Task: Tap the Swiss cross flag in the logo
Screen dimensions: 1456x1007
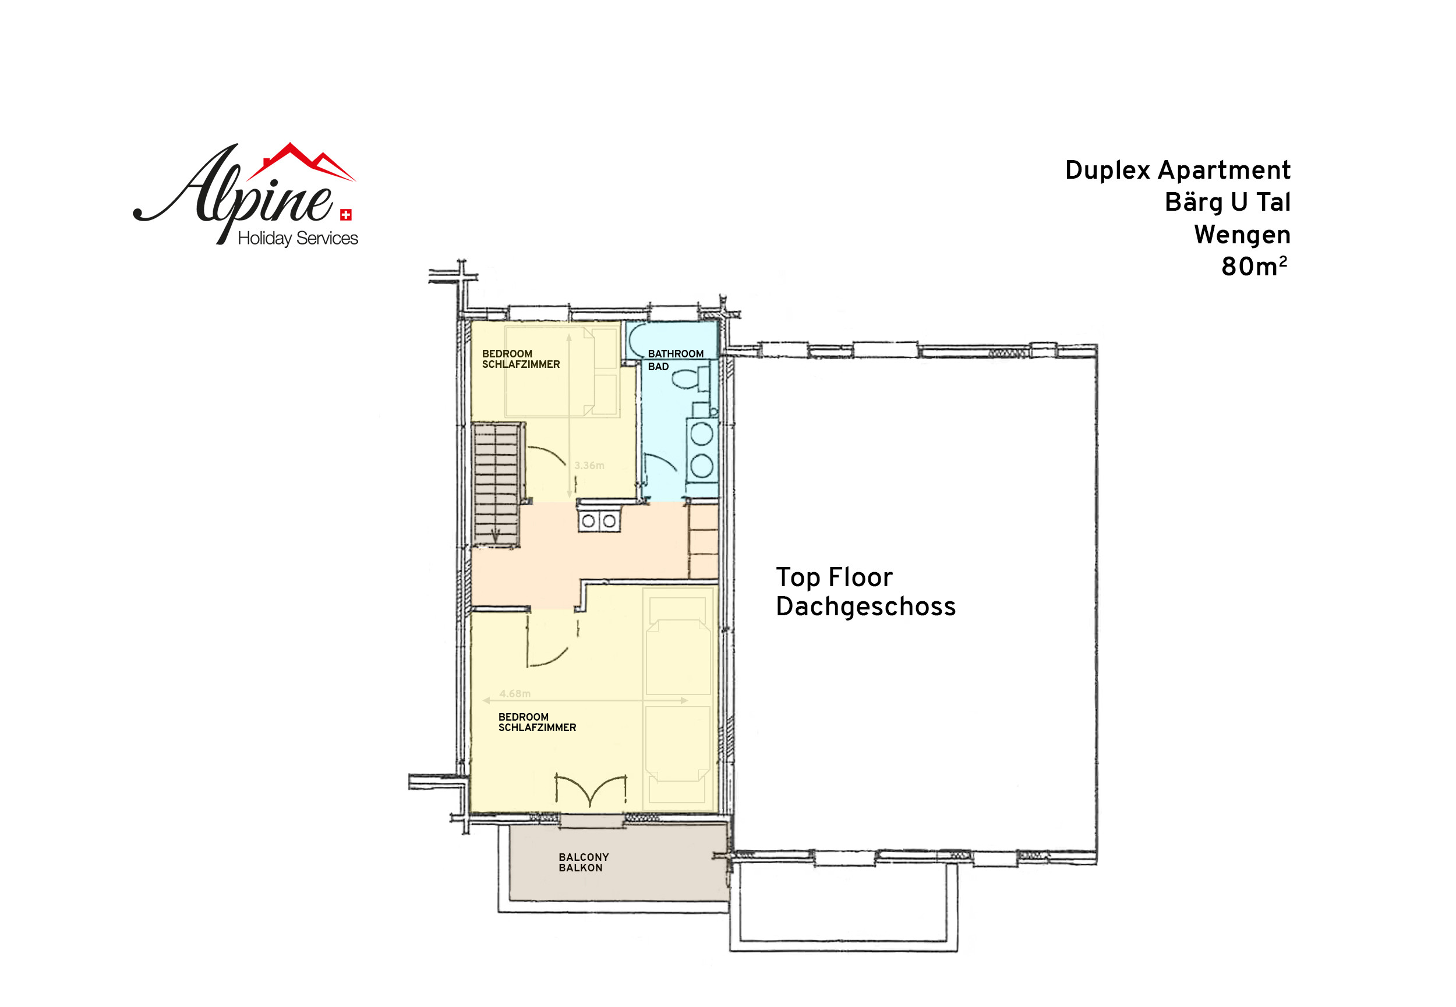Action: coord(346,215)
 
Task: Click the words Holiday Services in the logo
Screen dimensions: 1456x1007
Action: coord(298,238)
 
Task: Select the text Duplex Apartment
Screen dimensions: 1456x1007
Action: coord(1178,171)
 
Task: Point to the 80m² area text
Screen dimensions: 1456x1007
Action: coord(1254,266)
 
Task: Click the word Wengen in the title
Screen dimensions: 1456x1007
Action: coord(1242,235)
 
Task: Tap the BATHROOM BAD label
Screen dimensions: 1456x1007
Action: coord(676,360)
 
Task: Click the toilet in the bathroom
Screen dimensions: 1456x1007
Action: coord(692,378)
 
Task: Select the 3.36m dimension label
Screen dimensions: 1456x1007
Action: coord(589,466)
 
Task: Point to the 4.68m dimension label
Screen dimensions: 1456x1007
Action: coord(515,693)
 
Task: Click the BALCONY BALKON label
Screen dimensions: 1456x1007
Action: coord(584,863)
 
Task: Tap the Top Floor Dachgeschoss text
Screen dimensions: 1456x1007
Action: coord(866,592)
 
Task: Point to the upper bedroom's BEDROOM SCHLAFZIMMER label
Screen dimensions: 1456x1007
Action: coord(521,359)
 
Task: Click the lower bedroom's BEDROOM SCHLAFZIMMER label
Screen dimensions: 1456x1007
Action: coord(537,722)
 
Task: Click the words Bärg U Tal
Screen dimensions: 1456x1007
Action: coord(1228,203)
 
